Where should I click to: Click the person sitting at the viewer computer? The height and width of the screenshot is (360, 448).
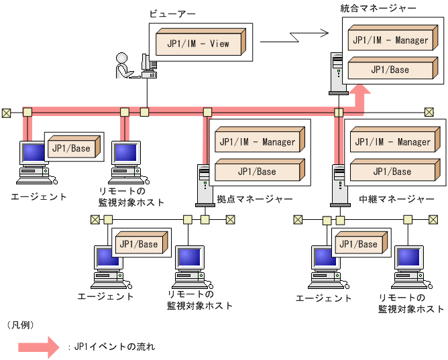[x=125, y=67]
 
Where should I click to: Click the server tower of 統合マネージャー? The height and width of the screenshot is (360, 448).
[x=337, y=74]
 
